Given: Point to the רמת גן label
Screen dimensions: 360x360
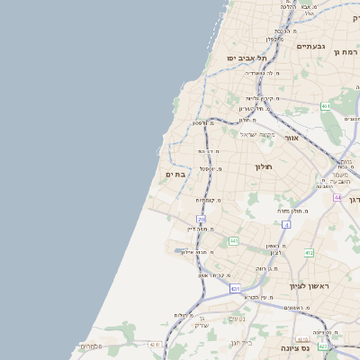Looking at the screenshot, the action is coord(346,52).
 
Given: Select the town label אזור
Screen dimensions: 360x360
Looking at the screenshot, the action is coord(291,139).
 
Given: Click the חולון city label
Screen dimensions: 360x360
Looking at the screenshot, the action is coord(264,166).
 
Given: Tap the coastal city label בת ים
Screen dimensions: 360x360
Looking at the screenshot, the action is coord(175,174).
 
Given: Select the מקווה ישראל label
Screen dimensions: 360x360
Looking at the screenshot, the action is coord(259,134).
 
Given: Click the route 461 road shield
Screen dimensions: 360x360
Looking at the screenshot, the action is coord(325,106).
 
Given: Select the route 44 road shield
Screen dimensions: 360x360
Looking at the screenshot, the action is coord(337,196).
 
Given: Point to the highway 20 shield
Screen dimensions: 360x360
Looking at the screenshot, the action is coord(201,220).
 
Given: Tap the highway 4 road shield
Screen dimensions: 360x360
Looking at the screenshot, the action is coord(285,224).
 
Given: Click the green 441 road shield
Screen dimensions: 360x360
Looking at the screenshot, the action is coord(233,241).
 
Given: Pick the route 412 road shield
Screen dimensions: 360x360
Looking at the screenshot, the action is coord(309,253).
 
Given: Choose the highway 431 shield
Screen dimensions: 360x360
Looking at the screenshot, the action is coord(235,289).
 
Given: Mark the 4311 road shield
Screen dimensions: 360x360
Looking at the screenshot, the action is coord(155,344).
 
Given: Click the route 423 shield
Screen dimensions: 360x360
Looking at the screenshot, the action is coord(322,346).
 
